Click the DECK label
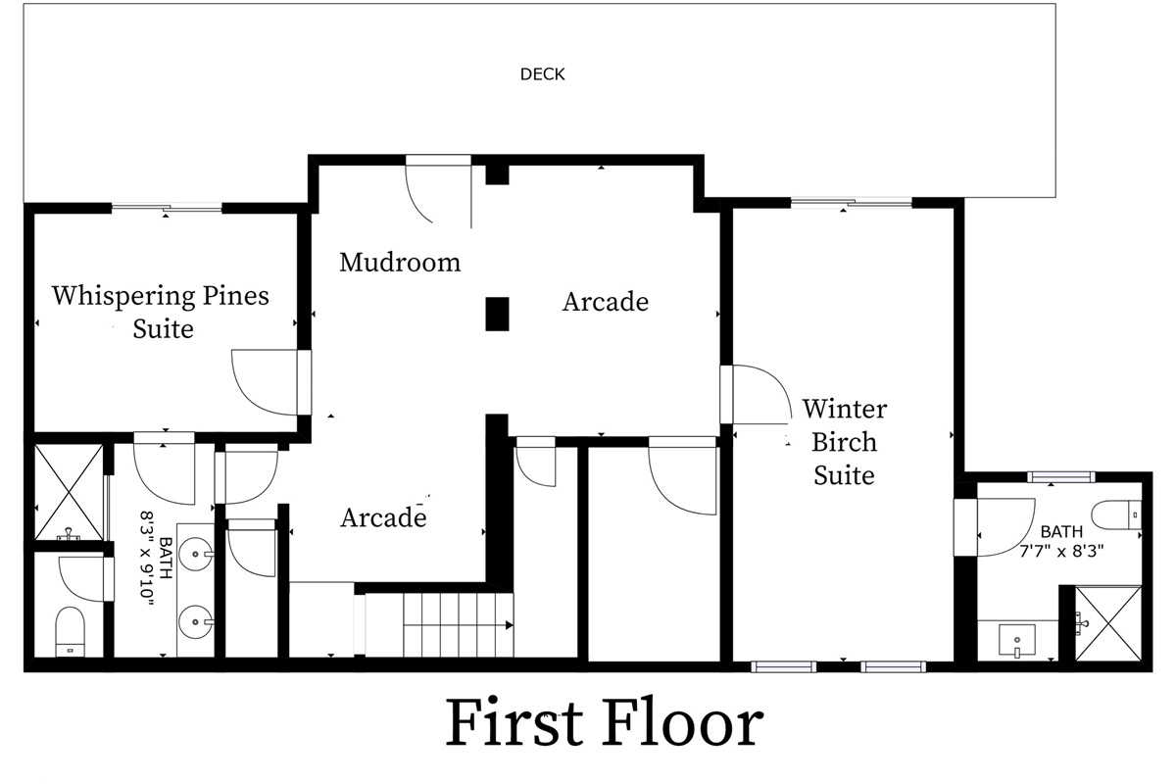click(542, 74)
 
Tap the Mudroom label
click(400, 262)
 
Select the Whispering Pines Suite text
click(161, 312)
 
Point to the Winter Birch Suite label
click(844, 442)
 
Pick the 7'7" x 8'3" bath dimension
click(1061, 551)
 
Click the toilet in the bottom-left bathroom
click(70, 632)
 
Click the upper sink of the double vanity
click(196, 554)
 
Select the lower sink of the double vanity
click(196, 621)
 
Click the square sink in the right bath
click(1017, 640)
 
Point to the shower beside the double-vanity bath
click(69, 492)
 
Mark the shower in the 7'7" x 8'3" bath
click(1107, 623)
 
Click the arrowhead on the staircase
click(510, 625)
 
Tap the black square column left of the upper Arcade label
click(497, 314)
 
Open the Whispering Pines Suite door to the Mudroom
click(272, 382)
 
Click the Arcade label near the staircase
click(383, 517)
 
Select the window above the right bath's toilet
click(1061, 477)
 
